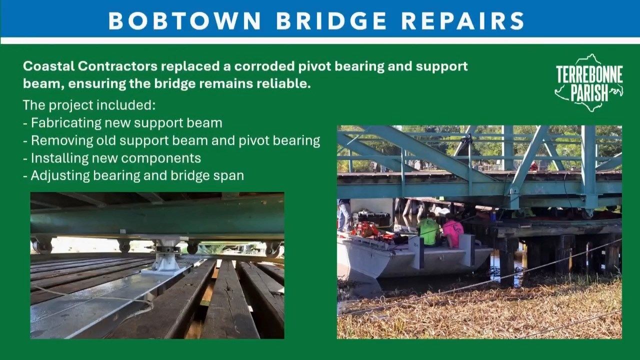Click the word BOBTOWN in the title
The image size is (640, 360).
[x=184, y=20]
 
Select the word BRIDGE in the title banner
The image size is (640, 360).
[x=331, y=20]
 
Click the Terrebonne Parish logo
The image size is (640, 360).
[x=589, y=82]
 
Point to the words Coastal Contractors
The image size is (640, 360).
[x=90, y=66]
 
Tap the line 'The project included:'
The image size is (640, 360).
[x=89, y=105]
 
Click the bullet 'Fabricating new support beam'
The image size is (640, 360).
[x=122, y=123]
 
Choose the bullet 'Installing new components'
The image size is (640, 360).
[x=112, y=158]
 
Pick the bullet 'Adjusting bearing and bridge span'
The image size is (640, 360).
[x=133, y=175]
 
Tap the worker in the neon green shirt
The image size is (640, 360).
[x=428, y=231]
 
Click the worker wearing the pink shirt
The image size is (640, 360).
[x=453, y=231]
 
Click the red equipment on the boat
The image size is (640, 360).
[x=367, y=229]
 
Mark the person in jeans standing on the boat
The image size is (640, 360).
[x=345, y=215]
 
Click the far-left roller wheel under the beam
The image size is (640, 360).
[x=41, y=245]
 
